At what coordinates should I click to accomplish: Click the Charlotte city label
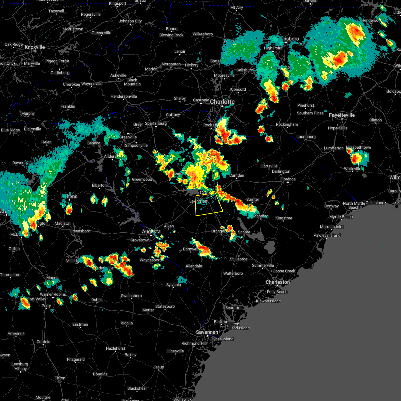[x=222, y=102]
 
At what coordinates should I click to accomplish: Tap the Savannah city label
[x=207, y=332]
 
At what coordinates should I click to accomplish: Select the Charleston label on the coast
[x=278, y=282]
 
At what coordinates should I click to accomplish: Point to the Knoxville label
[x=35, y=47]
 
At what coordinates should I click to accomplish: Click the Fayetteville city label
[x=342, y=115]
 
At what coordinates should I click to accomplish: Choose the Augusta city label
[x=151, y=231]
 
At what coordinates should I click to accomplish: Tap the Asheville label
[x=118, y=75]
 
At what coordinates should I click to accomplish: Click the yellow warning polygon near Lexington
[x=209, y=205]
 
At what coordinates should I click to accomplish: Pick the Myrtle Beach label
[x=341, y=217]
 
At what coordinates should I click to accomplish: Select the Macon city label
[x=52, y=278]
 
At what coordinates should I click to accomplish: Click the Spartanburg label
[x=156, y=123]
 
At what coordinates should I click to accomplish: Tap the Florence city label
[x=288, y=179]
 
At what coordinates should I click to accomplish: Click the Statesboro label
[x=165, y=306]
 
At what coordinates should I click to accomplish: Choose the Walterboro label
[x=233, y=273]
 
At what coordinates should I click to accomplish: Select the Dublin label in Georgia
[x=97, y=300]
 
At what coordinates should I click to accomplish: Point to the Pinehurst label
[x=305, y=105]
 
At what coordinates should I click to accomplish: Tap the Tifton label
[x=60, y=378]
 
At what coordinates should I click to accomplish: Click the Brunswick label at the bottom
[x=182, y=399]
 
